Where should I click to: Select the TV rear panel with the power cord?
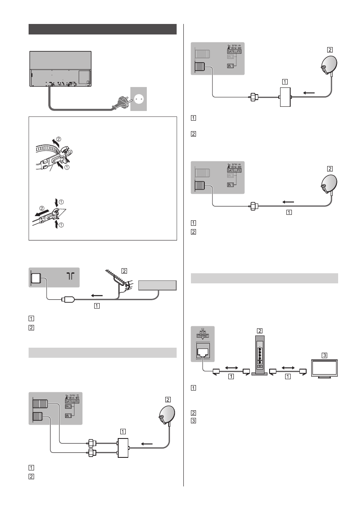(x=61, y=69)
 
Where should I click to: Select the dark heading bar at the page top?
(x=103, y=29)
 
